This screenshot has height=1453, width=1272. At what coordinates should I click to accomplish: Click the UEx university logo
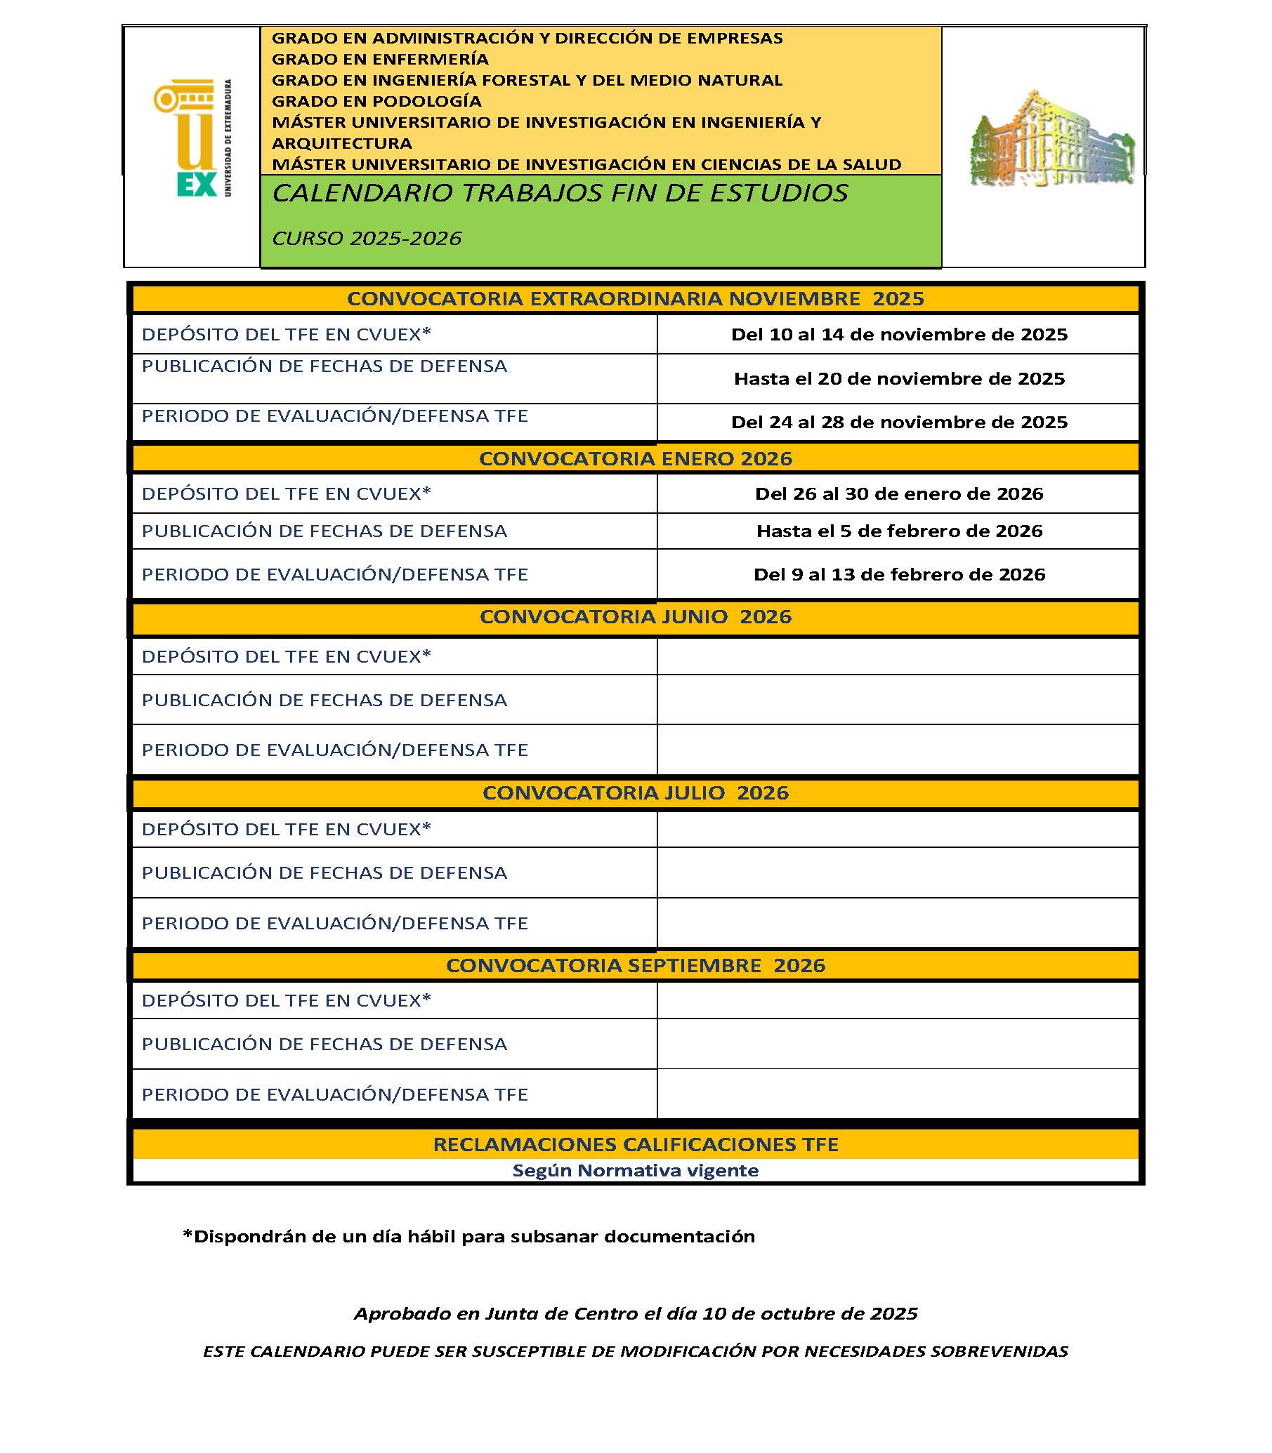(x=192, y=138)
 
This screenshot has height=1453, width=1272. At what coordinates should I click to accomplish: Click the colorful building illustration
(x=1051, y=139)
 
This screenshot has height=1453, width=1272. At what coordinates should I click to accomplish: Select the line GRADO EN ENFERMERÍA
(x=380, y=59)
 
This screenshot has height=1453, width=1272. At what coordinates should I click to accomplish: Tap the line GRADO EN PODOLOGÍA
(x=376, y=101)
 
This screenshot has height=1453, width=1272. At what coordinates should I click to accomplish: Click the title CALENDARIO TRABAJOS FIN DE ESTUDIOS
(x=559, y=193)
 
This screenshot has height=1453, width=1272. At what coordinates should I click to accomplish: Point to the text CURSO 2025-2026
(x=366, y=239)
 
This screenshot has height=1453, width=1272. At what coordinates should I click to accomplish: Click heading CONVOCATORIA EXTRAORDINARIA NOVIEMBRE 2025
(x=635, y=299)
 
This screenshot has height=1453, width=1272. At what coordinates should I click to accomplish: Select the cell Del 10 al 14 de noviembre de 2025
(x=898, y=334)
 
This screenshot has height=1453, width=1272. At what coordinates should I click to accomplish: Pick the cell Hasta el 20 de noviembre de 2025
(x=898, y=378)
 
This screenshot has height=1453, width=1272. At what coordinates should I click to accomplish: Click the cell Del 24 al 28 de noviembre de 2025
(x=898, y=422)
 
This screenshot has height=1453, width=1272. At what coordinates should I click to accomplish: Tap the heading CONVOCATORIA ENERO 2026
(x=635, y=458)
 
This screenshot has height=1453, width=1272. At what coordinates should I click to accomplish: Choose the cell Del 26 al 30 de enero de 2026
(x=898, y=493)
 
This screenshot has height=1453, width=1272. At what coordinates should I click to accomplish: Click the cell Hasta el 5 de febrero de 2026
(x=898, y=531)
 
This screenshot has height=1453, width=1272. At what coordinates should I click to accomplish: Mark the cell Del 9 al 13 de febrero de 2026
(x=898, y=574)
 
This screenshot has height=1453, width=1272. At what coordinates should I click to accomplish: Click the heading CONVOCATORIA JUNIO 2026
(x=635, y=616)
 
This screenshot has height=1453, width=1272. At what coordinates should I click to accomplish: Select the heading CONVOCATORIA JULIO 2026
(x=635, y=792)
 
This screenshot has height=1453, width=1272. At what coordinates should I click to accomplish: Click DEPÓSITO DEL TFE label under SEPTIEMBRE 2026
(x=286, y=1000)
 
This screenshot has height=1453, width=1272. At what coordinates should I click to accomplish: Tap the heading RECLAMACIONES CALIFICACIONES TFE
(x=635, y=1144)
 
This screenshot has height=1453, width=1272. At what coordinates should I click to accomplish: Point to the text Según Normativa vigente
(x=635, y=1171)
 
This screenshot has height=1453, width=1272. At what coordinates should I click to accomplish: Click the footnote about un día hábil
(x=468, y=1237)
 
